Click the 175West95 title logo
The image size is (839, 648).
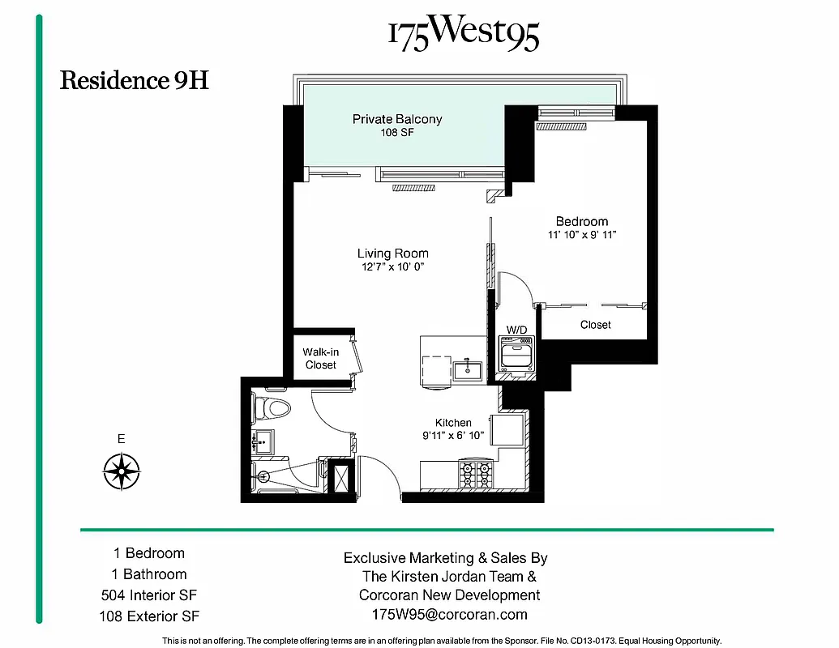click(x=463, y=34)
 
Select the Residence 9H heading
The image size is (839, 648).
click(x=135, y=81)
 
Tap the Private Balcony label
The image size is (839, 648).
click(x=397, y=119)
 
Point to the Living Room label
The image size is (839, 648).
click(x=392, y=254)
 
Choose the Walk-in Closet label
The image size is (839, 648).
click(x=320, y=359)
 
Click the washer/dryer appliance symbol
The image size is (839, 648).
click(x=516, y=354)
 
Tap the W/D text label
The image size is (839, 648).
click(x=516, y=330)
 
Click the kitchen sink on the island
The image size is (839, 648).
click(x=468, y=371)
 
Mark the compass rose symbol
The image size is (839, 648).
click(x=122, y=470)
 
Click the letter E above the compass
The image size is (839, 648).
click(x=122, y=440)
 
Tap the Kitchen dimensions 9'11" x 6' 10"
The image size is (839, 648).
click(x=453, y=436)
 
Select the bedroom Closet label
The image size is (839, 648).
click(x=596, y=325)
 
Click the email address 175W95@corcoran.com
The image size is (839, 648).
click(x=449, y=615)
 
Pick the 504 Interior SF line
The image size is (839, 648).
click(x=149, y=595)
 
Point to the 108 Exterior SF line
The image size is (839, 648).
click(x=149, y=616)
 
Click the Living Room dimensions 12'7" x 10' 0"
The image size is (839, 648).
click(x=392, y=266)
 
